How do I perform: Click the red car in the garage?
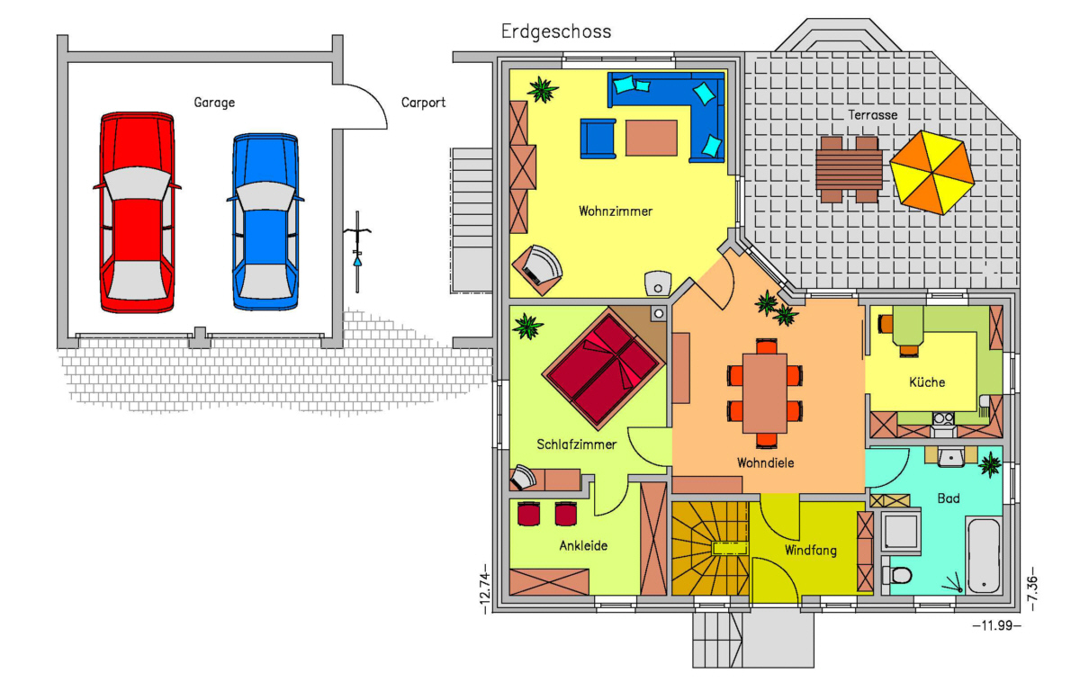[138, 212]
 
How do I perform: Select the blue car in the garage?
[265, 221]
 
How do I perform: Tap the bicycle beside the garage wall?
[357, 252]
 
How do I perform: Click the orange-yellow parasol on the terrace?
[932, 173]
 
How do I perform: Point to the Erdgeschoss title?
[556, 31]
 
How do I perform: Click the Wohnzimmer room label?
[616, 211]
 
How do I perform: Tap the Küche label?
[927, 382]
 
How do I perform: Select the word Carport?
[423, 103]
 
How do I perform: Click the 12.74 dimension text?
[485, 589]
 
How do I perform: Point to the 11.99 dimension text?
[996, 625]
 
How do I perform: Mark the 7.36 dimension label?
[1031, 589]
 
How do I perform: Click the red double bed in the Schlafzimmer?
[604, 370]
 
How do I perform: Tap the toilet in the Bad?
[897, 576]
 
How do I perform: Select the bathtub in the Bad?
[984, 555]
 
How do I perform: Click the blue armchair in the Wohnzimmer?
[598, 139]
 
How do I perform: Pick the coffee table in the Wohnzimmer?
[652, 138]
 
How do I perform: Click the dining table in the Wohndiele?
[765, 393]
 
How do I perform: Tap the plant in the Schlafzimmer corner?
[528, 327]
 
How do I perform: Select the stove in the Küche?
[943, 418]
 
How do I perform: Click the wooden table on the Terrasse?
[849, 169]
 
